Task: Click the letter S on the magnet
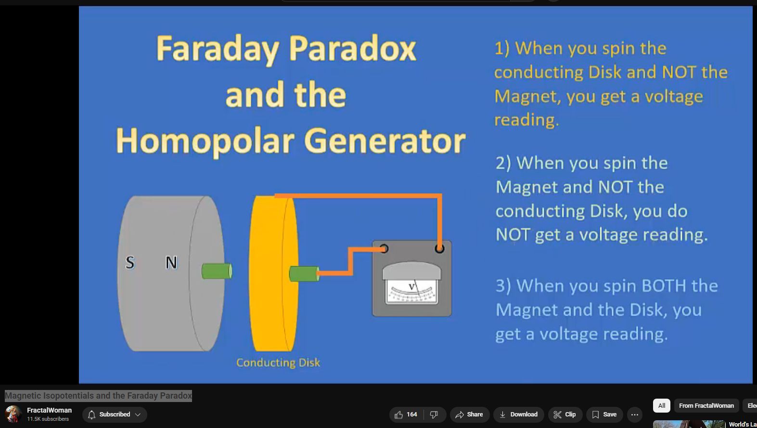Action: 130,262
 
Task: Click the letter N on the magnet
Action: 171,262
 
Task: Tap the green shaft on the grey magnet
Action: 217,271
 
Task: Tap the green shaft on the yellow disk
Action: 304,274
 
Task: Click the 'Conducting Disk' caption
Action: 278,363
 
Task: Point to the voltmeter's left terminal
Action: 384,249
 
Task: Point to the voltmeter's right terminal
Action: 439,249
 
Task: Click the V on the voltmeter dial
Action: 411,286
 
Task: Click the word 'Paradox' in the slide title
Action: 352,49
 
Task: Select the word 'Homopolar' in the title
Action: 205,141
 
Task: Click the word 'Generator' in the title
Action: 385,141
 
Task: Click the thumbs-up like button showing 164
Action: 406,415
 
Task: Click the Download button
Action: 518,415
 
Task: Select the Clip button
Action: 565,415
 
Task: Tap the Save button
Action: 604,415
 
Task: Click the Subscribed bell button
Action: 114,415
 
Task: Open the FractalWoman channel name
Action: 50,410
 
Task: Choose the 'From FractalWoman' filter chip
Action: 706,405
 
